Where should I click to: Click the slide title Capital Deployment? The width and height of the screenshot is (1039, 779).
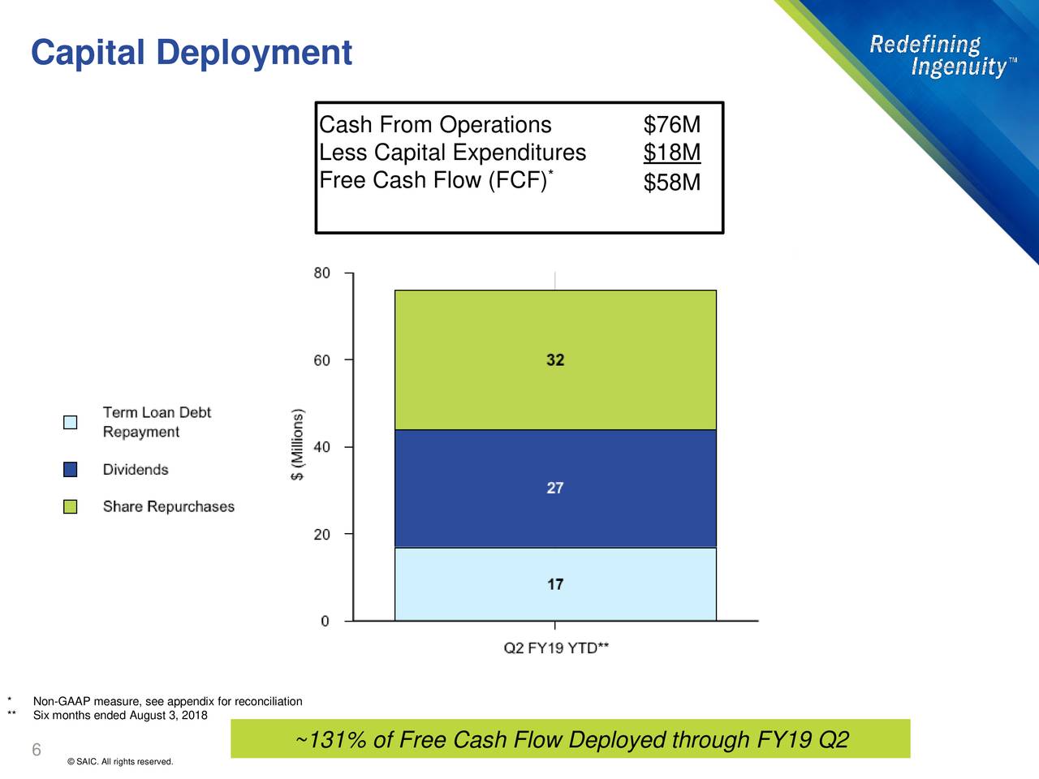tap(192, 54)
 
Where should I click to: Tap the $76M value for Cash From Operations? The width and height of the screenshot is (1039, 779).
tap(671, 125)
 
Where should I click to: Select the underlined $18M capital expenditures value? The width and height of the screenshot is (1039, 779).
tap(671, 153)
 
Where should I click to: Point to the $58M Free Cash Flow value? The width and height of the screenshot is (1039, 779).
tap(671, 183)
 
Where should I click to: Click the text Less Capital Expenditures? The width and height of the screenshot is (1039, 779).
tap(452, 153)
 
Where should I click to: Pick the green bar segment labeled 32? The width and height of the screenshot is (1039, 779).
tap(555, 360)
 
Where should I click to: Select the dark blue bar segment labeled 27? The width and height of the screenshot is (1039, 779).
tap(555, 488)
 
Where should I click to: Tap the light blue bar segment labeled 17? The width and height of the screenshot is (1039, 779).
tap(555, 584)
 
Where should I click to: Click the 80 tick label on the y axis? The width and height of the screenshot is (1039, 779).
tap(321, 273)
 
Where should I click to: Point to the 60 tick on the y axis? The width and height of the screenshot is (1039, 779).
tap(321, 360)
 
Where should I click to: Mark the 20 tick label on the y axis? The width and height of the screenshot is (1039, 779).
tap(321, 535)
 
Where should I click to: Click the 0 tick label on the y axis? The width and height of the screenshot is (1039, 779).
tap(325, 622)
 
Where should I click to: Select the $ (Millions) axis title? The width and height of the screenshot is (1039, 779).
tap(298, 445)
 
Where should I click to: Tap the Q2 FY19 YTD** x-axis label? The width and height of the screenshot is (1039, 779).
tap(556, 648)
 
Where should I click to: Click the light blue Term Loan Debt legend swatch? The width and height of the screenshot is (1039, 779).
tap(71, 422)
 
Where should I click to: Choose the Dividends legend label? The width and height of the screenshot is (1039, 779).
tap(136, 470)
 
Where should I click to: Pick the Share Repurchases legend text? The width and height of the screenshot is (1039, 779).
tap(168, 507)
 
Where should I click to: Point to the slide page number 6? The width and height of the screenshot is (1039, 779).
tap(37, 750)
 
